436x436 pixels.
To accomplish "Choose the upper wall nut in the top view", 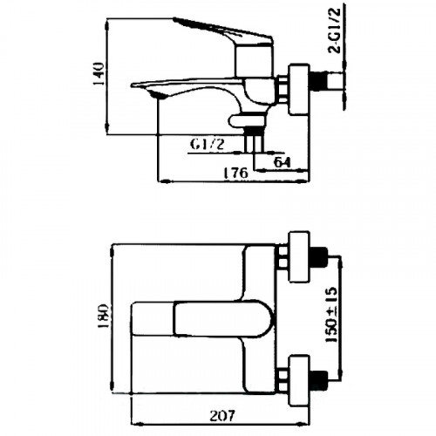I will click(297, 258).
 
